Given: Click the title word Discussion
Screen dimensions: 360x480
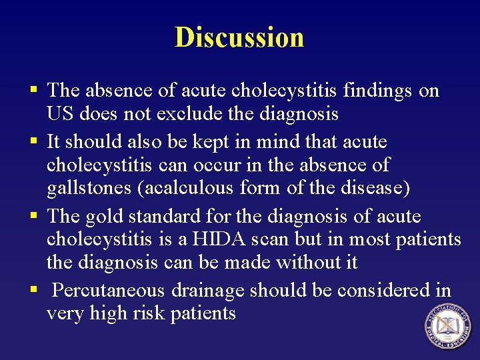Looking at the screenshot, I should [239, 37].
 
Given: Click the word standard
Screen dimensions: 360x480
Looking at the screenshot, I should [162, 217].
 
